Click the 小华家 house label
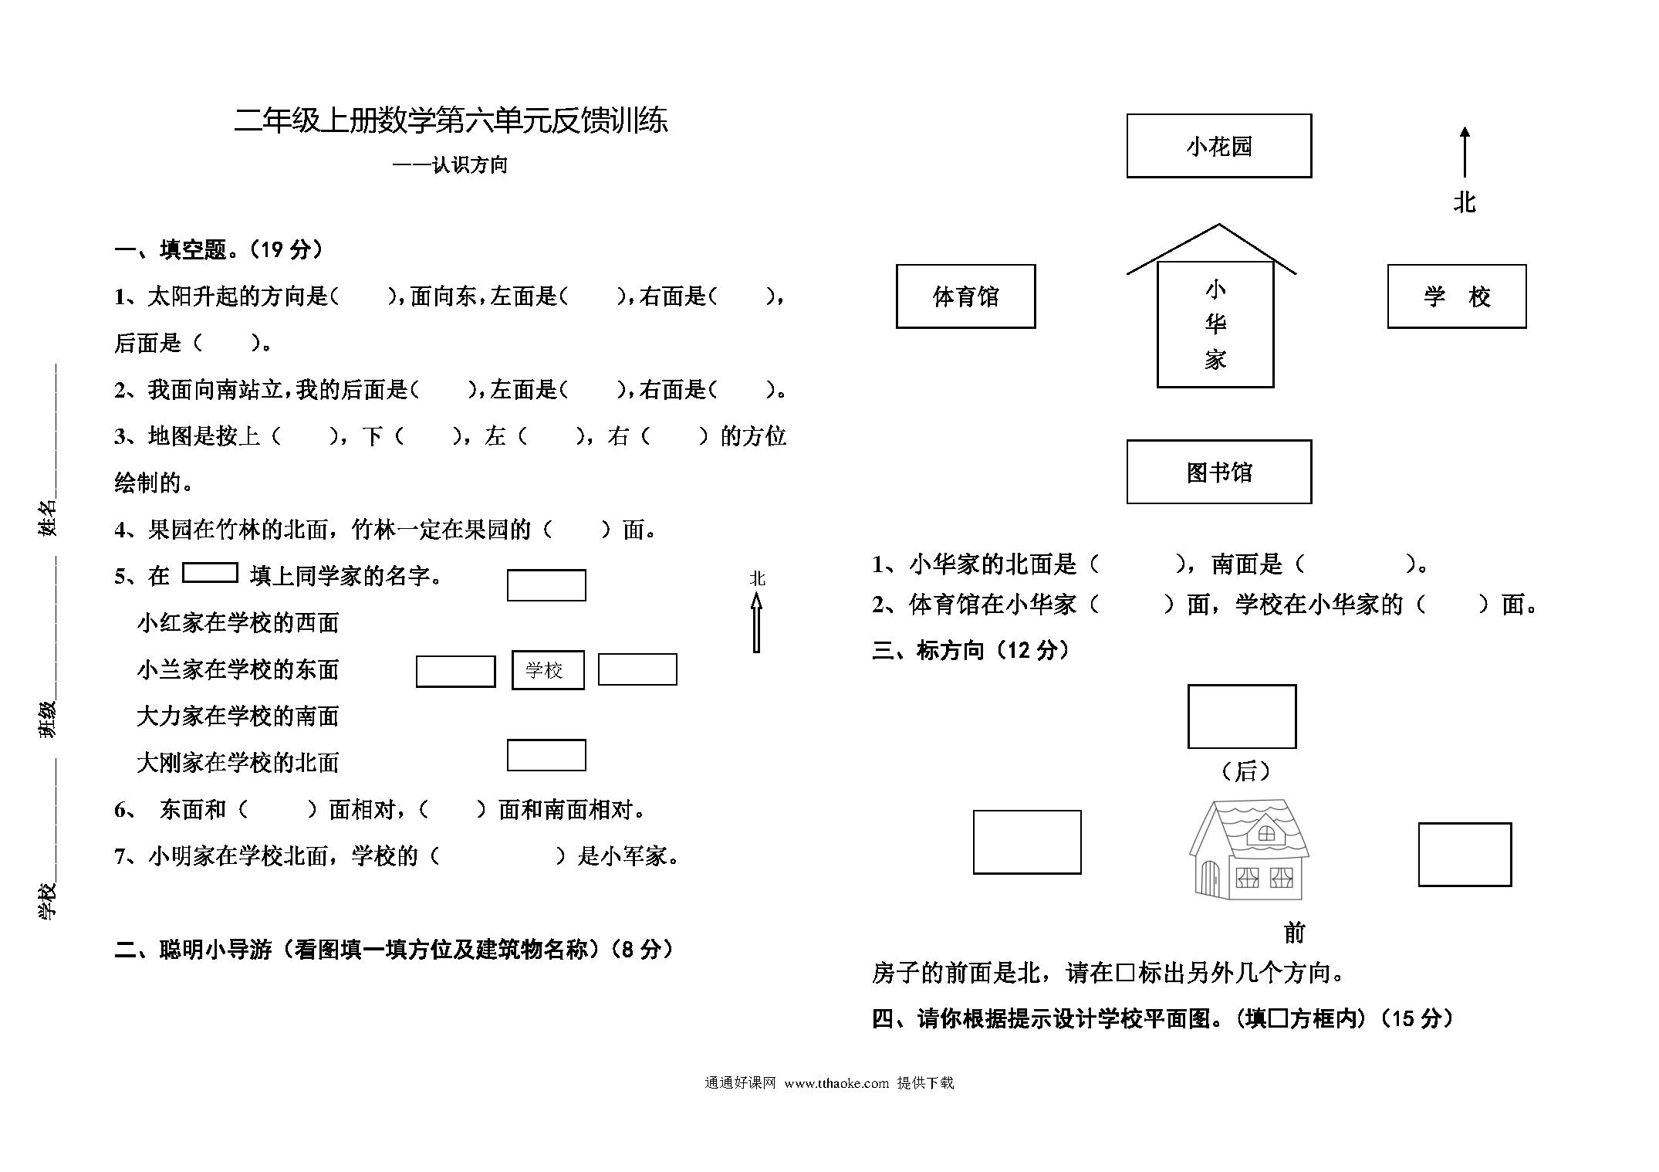point(1215,324)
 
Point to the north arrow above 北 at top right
point(1465,152)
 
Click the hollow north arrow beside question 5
point(756,622)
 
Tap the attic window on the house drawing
point(1266,834)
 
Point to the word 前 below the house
point(1294,933)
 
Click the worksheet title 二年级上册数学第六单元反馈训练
point(451,121)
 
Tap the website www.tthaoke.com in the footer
point(836,1083)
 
